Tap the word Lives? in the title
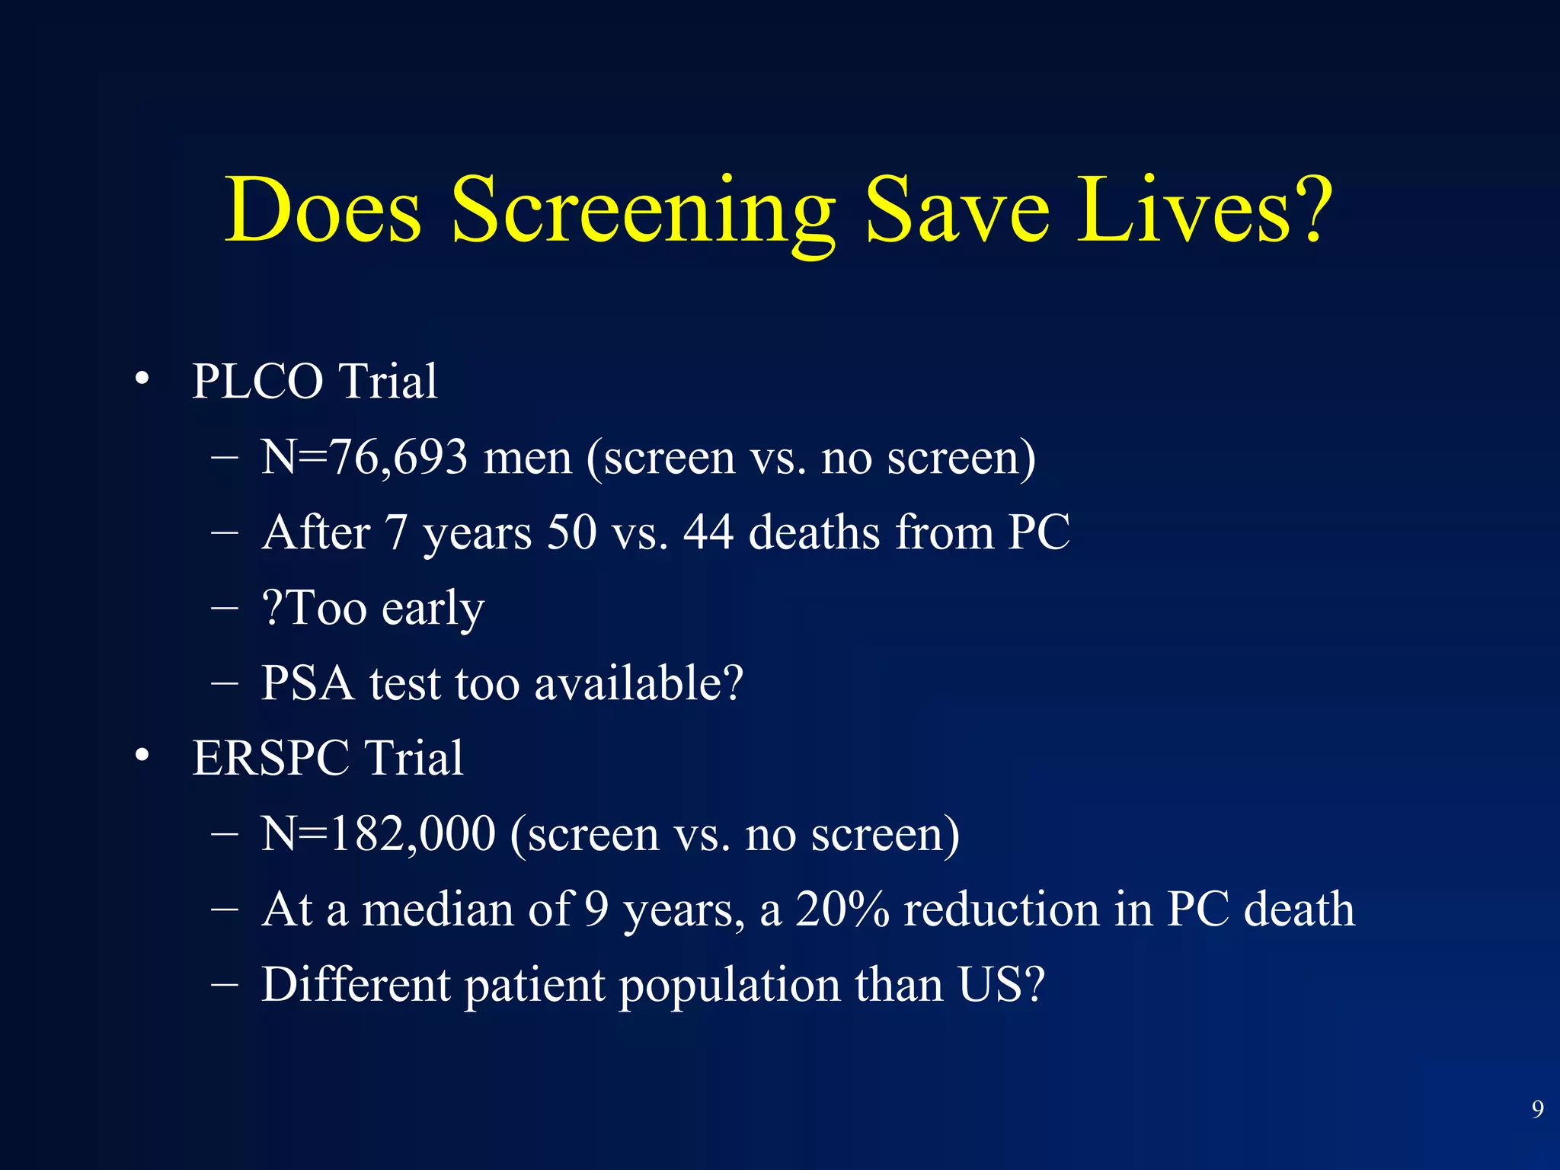click(x=1204, y=211)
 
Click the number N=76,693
click(x=364, y=458)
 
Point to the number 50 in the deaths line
click(x=572, y=532)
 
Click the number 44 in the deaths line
click(x=708, y=532)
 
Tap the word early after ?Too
click(x=433, y=609)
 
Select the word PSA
click(x=308, y=683)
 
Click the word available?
click(x=638, y=683)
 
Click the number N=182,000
click(x=379, y=834)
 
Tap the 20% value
click(x=842, y=909)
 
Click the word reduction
click(x=1002, y=909)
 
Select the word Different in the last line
click(x=356, y=985)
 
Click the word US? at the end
click(x=1002, y=985)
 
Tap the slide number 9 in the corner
click(x=1537, y=1109)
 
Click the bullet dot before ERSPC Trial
click(x=142, y=756)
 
